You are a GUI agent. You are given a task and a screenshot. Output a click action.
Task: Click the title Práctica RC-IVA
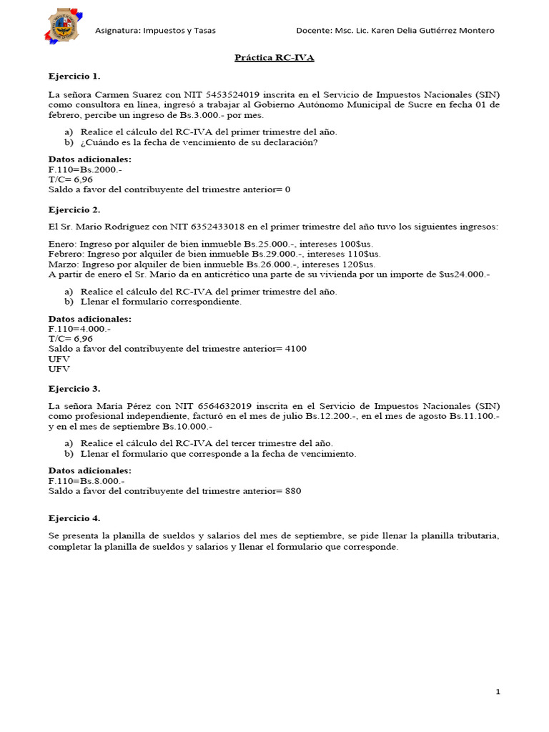coord(274,58)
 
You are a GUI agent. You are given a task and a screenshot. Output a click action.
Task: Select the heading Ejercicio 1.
coord(74,75)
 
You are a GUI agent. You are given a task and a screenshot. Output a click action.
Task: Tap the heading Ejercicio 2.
coord(74,209)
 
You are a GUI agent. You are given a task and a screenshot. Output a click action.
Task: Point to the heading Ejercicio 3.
coord(74,388)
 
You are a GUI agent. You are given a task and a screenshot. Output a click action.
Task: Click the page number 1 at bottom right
coord(498,692)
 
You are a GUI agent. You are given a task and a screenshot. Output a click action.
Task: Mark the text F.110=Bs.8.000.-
coord(86,481)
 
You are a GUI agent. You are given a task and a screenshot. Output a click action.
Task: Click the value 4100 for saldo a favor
coord(295,348)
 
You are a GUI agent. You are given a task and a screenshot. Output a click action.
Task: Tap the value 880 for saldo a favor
coord(292,491)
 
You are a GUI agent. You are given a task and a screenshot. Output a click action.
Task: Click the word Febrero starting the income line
coord(64,254)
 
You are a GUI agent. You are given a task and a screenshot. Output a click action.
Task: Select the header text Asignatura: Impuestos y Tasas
coord(155,31)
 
